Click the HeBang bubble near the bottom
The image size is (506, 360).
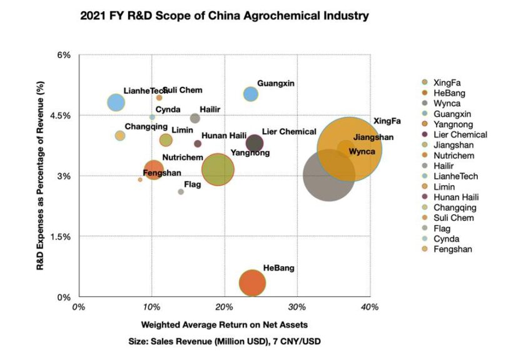252,283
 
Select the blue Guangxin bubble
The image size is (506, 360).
251,94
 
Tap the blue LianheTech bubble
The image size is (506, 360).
116,102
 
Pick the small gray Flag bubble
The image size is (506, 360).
181,192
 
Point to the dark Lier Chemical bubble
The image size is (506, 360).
254,143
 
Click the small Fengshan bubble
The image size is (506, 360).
140,179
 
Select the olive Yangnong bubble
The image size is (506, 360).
218,169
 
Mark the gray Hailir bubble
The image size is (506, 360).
195,118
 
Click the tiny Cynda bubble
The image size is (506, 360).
152,117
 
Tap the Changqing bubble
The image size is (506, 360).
120,136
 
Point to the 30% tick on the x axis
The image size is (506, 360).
297,307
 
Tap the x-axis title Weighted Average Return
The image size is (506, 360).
225,325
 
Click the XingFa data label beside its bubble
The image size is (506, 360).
387,121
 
